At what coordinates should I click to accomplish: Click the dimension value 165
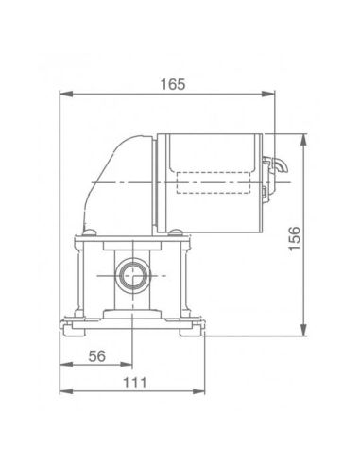pyautogui.click(x=173, y=84)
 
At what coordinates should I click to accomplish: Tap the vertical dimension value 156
pyautogui.click(x=295, y=238)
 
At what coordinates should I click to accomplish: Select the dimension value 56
pyautogui.click(x=96, y=356)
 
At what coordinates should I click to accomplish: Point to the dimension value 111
pyautogui.click(x=134, y=383)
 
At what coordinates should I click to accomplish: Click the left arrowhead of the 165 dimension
pyautogui.click(x=66, y=94)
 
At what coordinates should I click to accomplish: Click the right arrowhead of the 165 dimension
pyautogui.click(x=268, y=94)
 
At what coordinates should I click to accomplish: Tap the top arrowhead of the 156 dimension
pyautogui.click(x=303, y=140)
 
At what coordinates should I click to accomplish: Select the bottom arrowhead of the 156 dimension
pyautogui.click(x=303, y=330)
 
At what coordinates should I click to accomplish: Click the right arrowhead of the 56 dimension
pyautogui.click(x=126, y=365)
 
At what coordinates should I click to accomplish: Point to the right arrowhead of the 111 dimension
pyautogui.click(x=198, y=391)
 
